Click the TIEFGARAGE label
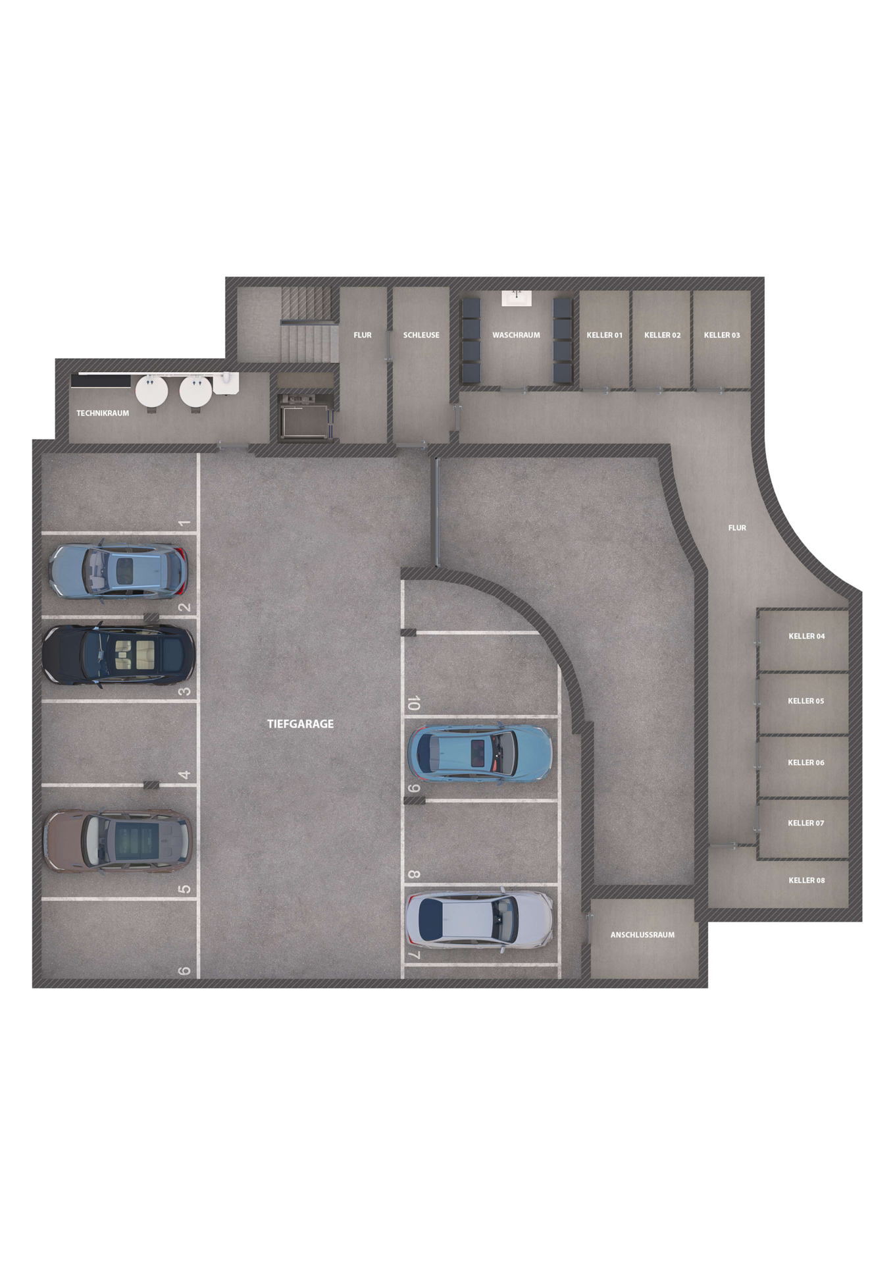pos(300,724)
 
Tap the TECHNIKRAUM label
pos(103,413)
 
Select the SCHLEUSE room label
pos(421,335)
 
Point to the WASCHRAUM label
pos(516,335)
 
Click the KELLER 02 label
pos(662,335)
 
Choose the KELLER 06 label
pos(806,762)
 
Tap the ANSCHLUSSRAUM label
pos(642,935)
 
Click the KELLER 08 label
pos(807,880)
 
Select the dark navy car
pos(118,654)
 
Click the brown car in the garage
pos(118,841)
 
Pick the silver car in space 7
pos(479,919)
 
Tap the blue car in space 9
pos(480,754)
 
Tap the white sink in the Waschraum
pos(517,298)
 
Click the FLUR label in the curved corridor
pos(737,528)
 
